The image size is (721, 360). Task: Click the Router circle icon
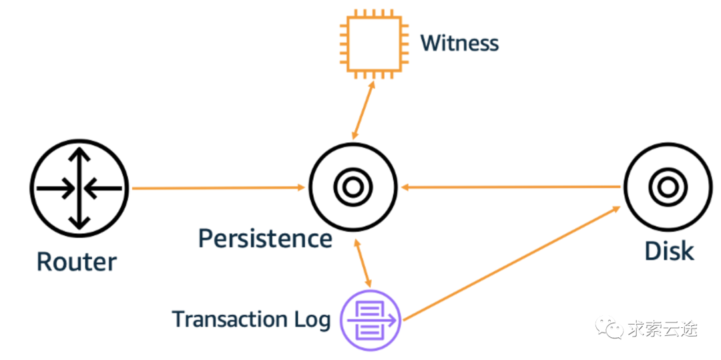coord(79,188)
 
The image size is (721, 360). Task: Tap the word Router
coord(76,261)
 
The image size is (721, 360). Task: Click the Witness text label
coord(459,43)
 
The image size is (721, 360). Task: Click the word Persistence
coord(265,238)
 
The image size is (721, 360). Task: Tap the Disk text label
coord(669,251)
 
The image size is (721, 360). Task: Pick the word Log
coord(312,320)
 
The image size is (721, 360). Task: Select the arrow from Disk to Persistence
coord(511,188)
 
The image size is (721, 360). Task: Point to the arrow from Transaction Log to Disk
coord(511,262)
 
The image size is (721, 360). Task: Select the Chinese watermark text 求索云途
coord(665,329)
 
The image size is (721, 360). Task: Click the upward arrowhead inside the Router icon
coord(79,156)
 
